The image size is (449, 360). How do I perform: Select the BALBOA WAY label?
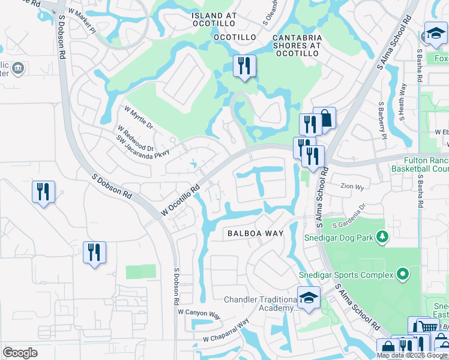(250, 233)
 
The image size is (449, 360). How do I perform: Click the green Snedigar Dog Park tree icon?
(381, 237)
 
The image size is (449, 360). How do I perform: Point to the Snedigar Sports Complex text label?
(346, 275)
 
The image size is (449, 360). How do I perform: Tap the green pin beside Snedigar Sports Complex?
(402, 275)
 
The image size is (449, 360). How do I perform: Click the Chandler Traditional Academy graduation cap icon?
(309, 298)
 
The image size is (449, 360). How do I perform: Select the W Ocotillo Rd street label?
(179, 201)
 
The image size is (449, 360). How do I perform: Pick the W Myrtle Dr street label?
(139, 118)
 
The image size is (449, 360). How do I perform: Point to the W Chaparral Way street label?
(226, 331)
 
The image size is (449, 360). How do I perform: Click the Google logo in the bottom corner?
(20, 353)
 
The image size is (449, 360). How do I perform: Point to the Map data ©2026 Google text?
(411, 355)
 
